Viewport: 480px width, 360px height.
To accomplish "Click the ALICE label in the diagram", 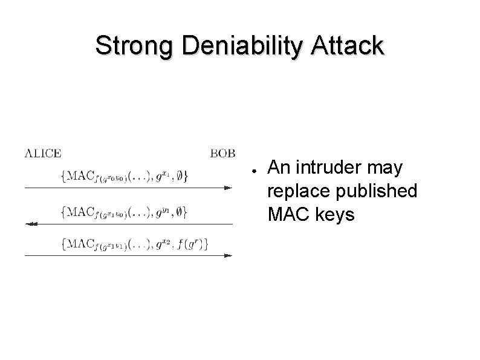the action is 43,153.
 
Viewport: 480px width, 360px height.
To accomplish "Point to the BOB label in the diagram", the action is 222,153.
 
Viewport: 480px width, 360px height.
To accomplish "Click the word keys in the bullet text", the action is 333,215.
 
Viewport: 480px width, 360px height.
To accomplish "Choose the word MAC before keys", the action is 288,215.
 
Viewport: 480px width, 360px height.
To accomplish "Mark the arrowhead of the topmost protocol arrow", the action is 228,188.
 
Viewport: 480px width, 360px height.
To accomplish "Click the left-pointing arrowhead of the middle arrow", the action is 29,224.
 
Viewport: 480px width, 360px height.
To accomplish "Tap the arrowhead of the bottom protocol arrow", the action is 228,256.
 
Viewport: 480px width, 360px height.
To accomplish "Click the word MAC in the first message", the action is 80,176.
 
